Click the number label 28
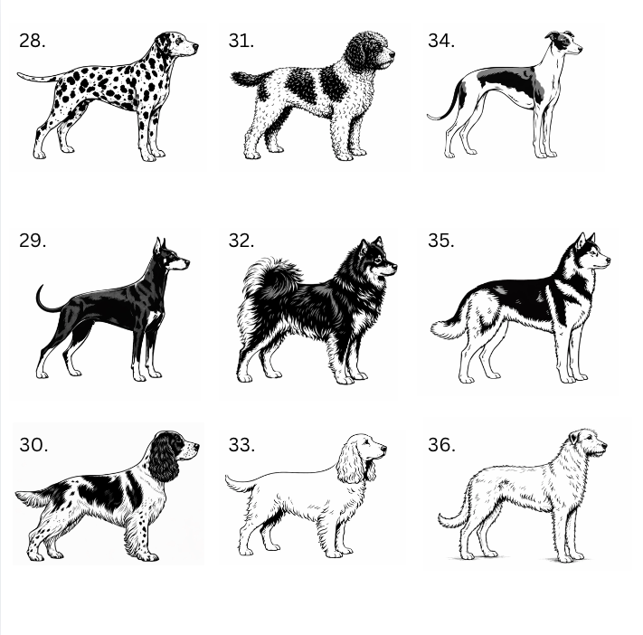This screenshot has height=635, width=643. [x=32, y=41]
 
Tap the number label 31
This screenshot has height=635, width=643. [x=241, y=41]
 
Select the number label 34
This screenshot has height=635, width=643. [x=441, y=41]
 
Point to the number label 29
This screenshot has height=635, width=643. [x=33, y=241]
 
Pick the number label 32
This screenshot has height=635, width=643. [x=241, y=241]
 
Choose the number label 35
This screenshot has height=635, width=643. [x=441, y=241]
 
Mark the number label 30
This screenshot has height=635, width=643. [x=33, y=445]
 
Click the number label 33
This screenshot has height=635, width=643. [x=241, y=445]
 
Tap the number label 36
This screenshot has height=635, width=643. [x=441, y=445]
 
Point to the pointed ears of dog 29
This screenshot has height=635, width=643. [x=159, y=245]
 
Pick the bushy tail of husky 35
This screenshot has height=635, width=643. [x=448, y=328]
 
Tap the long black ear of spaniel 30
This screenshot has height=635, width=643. [x=163, y=458]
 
